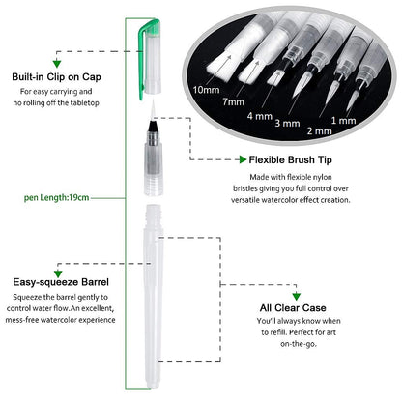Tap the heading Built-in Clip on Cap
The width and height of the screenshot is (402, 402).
56,77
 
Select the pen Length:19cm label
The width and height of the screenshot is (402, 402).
56,197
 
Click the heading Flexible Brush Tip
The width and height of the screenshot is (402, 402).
290,159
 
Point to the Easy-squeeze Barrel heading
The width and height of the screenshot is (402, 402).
61,282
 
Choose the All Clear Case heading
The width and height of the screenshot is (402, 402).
293,308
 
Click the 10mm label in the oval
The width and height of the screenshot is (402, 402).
206,90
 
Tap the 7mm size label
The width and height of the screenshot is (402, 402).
234,101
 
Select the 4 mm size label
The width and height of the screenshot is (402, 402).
260,116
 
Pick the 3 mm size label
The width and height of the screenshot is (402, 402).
287,123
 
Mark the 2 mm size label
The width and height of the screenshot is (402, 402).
319,131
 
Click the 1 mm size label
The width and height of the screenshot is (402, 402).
343,121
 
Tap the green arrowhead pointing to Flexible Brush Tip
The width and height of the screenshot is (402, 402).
243,159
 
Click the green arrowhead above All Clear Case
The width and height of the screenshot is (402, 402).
297,297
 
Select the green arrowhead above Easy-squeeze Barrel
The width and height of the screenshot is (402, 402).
58,273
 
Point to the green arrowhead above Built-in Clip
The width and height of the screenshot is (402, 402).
57,64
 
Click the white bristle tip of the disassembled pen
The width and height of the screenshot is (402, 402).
153,109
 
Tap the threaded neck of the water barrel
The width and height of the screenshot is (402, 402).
154,215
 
